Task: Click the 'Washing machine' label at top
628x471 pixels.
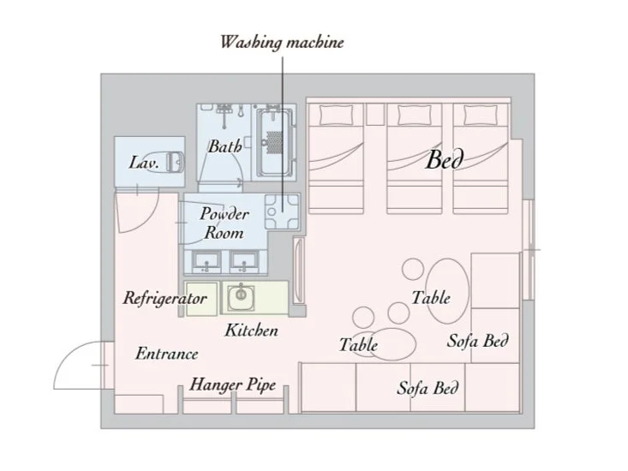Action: coord(282,43)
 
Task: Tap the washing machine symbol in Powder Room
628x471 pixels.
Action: coord(282,212)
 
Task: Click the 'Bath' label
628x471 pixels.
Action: coord(224,146)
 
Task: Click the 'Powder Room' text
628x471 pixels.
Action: coord(224,224)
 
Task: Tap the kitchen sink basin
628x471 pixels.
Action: coord(241,298)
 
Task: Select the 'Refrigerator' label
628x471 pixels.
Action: coord(164,298)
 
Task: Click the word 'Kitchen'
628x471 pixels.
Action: coord(251,331)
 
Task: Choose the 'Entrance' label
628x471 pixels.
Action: coord(166,354)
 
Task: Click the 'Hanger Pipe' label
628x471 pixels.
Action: coord(233,385)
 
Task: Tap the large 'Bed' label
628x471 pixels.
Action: coord(445,159)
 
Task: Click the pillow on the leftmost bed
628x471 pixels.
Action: coord(337,115)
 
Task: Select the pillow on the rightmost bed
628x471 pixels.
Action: coord(481,115)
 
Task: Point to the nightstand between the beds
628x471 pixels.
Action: coord(375,114)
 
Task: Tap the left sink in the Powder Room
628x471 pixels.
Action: coord(206,261)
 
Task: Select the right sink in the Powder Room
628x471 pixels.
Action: coord(244,261)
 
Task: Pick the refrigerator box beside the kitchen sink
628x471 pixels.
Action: coord(201,298)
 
